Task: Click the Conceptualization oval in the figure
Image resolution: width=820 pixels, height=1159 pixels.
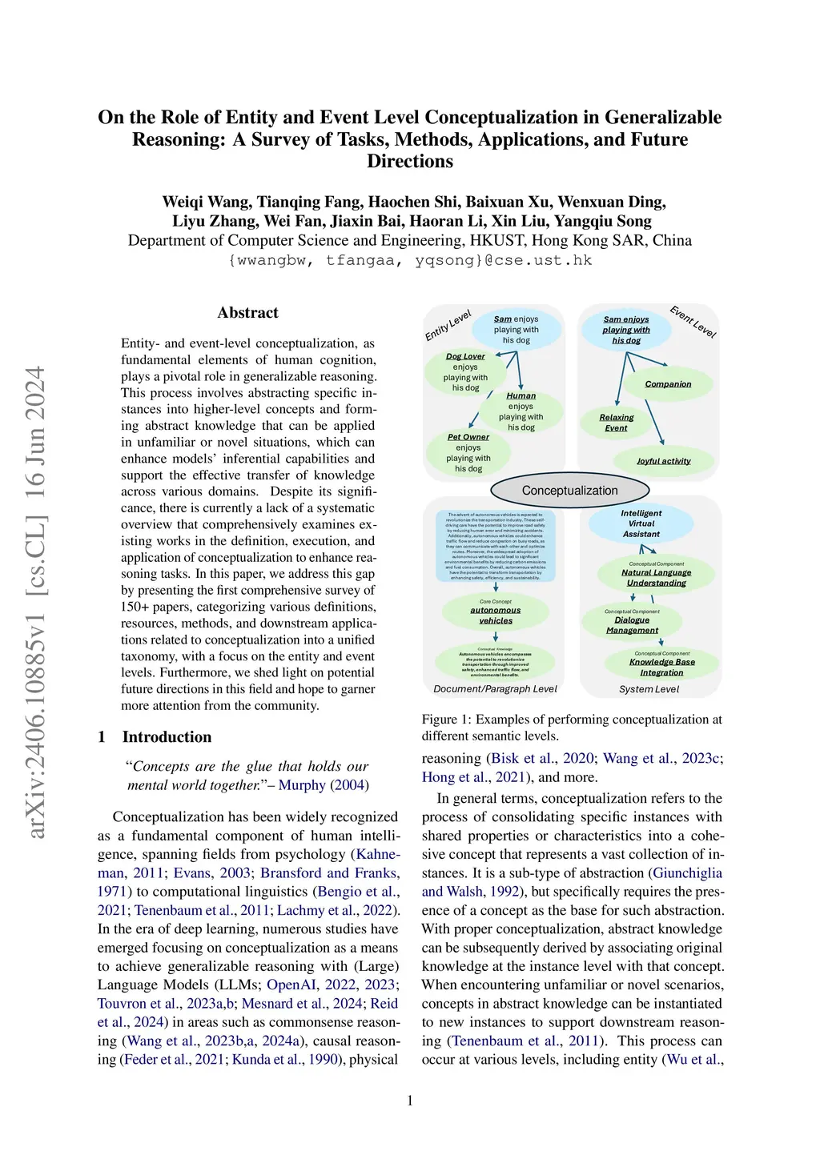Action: [x=569, y=491]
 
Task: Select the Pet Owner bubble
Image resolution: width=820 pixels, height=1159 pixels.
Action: [x=468, y=453]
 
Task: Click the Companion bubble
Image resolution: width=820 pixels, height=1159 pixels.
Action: [x=668, y=384]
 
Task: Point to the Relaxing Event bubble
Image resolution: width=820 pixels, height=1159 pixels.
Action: [x=616, y=423]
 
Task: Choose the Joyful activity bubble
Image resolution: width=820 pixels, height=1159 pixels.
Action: [x=663, y=461]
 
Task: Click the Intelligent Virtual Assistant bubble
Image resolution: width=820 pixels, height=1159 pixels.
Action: [x=641, y=523]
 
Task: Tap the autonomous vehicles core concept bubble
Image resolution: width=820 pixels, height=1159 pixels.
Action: [x=495, y=615]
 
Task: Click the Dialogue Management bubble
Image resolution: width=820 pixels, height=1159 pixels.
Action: [x=632, y=624]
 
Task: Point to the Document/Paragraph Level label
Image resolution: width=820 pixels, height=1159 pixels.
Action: [x=495, y=689]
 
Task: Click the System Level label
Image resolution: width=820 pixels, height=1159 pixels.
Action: [x=649, y=689]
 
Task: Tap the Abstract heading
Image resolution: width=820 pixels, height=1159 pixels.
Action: [x=247, y=313]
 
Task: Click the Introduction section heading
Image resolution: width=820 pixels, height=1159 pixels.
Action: [x=167, y=737]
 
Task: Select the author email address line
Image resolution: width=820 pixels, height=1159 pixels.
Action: [x=410, y=260]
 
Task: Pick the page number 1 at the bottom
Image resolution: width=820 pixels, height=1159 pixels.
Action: [x=410, y=1101]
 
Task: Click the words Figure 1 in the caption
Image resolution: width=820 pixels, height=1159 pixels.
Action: [x=445, y=720]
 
